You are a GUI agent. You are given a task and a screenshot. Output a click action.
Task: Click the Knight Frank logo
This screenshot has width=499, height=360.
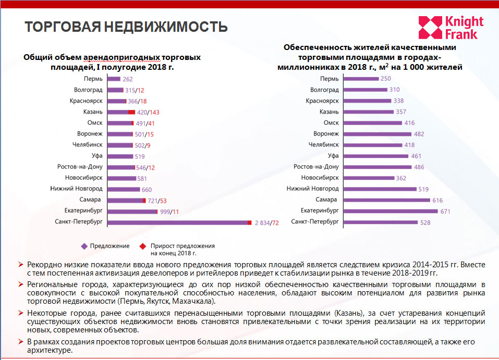451,28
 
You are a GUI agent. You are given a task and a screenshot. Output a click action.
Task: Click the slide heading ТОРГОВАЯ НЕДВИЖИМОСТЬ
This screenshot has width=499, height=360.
127,27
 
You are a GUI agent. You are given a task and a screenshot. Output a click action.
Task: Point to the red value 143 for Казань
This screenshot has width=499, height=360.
154,112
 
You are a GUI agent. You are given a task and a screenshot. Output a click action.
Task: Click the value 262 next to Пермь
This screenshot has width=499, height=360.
128,79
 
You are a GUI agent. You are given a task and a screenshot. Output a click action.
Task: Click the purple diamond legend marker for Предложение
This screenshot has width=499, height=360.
83,246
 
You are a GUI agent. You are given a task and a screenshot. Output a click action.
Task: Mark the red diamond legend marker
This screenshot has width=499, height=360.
142,246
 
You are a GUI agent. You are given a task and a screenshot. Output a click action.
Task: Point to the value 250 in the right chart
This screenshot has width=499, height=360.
386,79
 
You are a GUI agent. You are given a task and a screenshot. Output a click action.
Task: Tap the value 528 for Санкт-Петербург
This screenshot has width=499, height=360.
426,222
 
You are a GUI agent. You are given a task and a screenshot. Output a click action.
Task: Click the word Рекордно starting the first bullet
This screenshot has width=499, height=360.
44,265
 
